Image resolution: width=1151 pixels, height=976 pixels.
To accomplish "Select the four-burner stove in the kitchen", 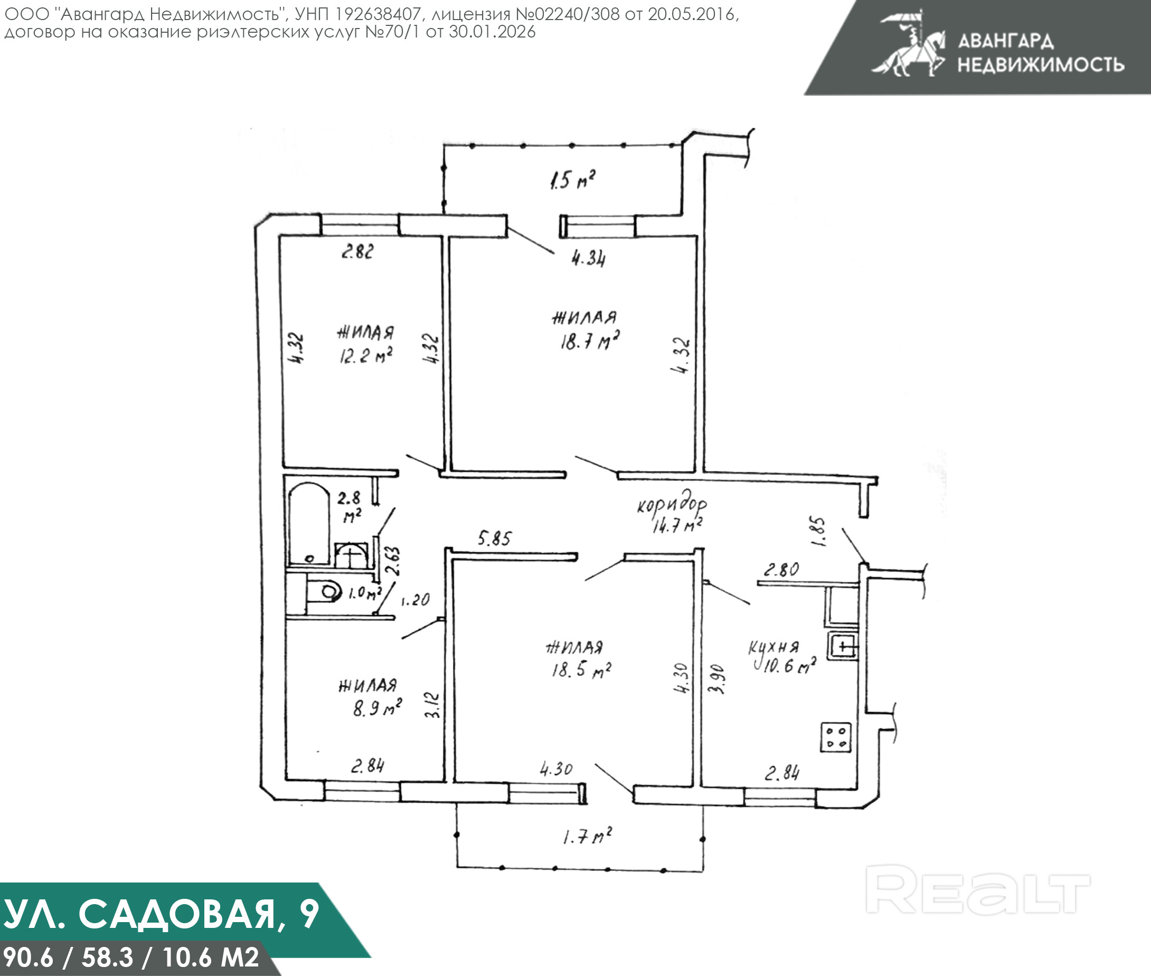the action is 835,737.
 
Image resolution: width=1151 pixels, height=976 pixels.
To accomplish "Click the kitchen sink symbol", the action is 843,646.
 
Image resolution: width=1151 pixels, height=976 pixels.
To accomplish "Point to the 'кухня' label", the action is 773,647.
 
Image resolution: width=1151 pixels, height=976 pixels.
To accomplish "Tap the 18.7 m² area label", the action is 589,341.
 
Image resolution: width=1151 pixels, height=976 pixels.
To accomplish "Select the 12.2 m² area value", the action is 365,355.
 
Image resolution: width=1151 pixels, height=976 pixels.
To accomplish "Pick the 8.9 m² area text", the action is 378,707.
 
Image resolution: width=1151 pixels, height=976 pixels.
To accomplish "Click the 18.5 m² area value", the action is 581,670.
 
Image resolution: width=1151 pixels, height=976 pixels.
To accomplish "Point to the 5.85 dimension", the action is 494,538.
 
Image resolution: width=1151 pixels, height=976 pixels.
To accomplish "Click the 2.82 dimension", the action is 357,252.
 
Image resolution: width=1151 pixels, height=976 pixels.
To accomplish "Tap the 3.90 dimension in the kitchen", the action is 716,679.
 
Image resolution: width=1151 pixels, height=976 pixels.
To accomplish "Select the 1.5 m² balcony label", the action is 573,180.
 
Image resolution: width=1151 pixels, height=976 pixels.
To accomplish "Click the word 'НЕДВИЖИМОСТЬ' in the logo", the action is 1041,65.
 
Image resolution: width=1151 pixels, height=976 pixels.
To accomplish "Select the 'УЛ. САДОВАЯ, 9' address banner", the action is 161,914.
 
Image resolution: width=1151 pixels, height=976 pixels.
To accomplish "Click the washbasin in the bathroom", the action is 351,555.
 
